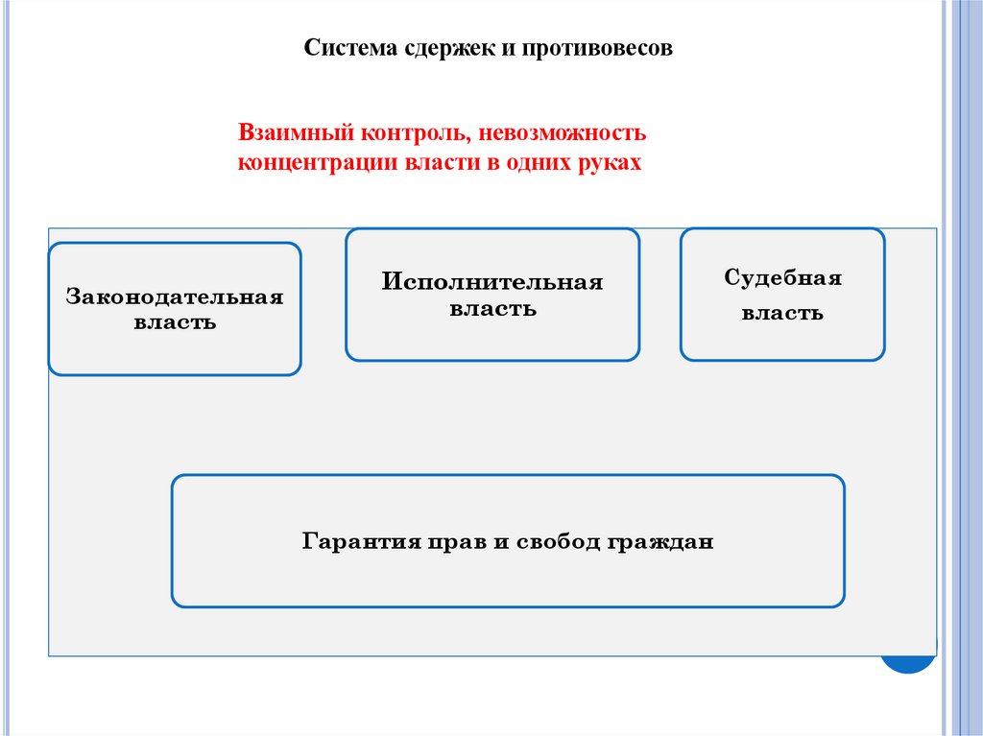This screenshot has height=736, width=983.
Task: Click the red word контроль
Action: pyautogui.click(x=406, y=130)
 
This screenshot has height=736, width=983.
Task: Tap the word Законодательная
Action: pyautogui.click(x=175, y=297)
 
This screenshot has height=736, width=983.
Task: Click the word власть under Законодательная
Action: pyautogui.click(x=175, y=323)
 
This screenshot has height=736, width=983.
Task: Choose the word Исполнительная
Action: pyautogui.click(x=492, y=282)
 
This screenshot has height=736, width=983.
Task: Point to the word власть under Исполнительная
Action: pyautogui.click(x=492, y=310)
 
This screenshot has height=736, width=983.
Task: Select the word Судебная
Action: pyautogui.click(x=782, y=278)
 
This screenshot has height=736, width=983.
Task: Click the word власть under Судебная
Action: pyautogui.click(x=782, y=313)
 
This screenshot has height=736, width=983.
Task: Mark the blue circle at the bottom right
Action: pyautogui.click(x=909, y=663)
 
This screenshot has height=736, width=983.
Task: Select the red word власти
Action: pyautogui.click(x=445, y=162)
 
